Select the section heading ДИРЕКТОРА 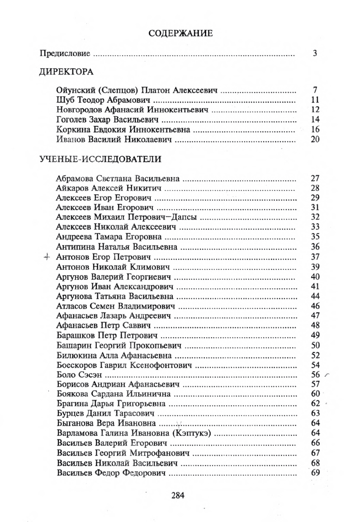(x=66, y=72)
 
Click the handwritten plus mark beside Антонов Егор (x=45, y=257)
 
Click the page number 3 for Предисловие (x=315, y=53)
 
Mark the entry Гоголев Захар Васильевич (x=109, y=120)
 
